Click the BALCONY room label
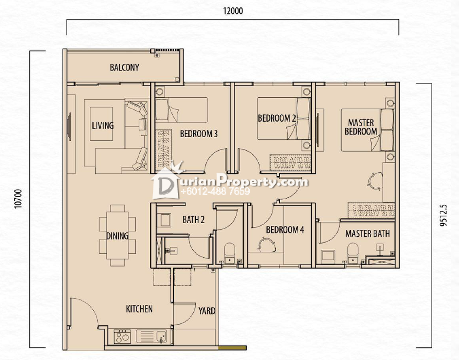coord(125,68)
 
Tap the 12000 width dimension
coord(233,11)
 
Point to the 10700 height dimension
coord(18,199)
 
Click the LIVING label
coord(103,126)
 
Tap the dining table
coord(117,235)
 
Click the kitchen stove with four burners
coord(123,337)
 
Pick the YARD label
coord(207,311)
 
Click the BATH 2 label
coord(194,220)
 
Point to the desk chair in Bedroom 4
coord(267,244)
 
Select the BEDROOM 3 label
coord(199,134)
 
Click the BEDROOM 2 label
coord(277,118)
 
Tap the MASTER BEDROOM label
coord(361,127)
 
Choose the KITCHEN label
coord(139,309)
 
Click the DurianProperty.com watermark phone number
coord(215,191)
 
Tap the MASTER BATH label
coord(368,234)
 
